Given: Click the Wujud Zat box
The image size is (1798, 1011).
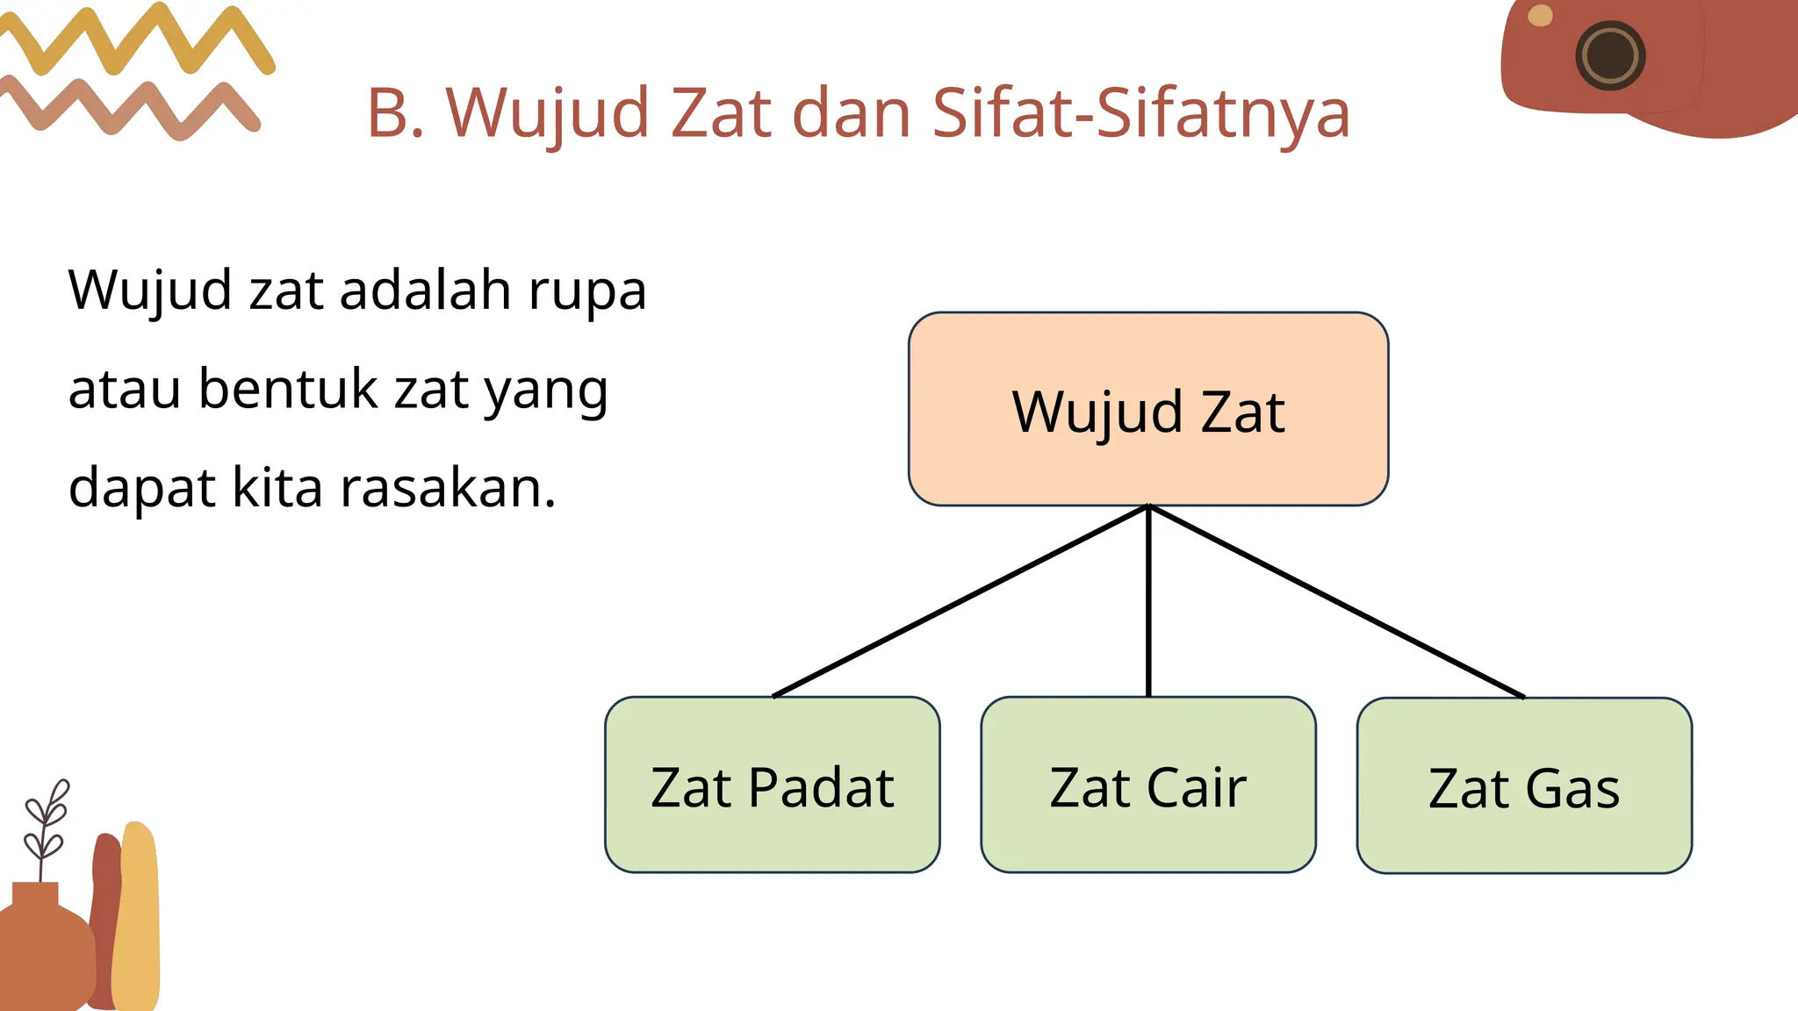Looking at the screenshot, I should pyautogui.click(x=1148, y=409).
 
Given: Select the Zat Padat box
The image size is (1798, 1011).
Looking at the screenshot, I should pyautogui.click(x=773, y=785).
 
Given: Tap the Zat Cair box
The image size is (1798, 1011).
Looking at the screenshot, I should pyautogui.click(x=1148, y=785).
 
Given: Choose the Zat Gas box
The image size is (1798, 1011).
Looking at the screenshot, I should pyautogui.click(x=1524, y=785).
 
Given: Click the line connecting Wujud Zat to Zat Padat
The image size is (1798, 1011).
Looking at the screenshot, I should pyautogui.click(x=960, y=601).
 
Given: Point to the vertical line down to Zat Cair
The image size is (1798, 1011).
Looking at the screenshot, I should pyautogui.click(x=1148, y=601).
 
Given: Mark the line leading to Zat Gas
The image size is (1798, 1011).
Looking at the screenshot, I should pyautogui.click(x=1336, y=601).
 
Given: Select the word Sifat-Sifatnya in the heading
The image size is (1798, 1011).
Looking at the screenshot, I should pyautogui.click(x=1140, y=113).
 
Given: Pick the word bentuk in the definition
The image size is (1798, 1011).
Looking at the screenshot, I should pyautogui.click(x=287, y=389).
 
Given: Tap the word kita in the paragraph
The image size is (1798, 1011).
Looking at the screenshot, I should pyautogui.click(x=277, y=488).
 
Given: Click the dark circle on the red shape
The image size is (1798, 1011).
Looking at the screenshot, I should pyautogui.click(x=1610, y=55).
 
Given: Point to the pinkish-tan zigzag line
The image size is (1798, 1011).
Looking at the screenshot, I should pyautogui.click(x=132, y=108).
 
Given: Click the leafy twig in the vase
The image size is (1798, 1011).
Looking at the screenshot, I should pyautogui.click(x=46, y=821).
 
